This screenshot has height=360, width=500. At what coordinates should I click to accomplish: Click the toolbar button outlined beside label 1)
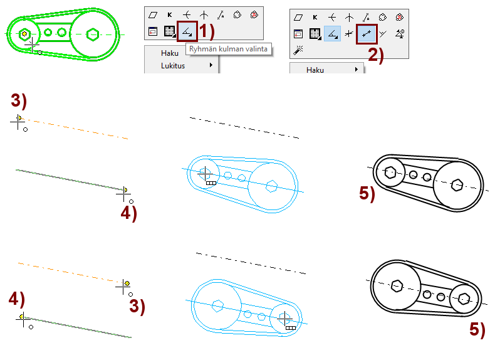pos(187,31)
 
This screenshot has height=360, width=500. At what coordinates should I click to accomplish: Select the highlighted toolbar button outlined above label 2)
pos(367,33)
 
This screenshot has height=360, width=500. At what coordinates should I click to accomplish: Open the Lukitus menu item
pos(173,65)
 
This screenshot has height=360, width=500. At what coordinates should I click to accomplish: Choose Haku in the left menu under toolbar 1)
pos(169,53)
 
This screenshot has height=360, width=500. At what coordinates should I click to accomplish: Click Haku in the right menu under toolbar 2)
pos(315,70)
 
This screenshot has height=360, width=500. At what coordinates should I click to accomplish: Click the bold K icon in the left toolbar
pos(169,14)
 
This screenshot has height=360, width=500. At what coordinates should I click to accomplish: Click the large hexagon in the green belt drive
pos(93,33)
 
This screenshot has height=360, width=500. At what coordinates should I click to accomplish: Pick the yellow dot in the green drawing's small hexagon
pos(24,34)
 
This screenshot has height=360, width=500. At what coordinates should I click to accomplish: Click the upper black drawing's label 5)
pos(367,194)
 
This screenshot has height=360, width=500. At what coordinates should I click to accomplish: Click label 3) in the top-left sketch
pos(19,100)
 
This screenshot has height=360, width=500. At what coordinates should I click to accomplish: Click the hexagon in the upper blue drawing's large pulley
pos(271,186)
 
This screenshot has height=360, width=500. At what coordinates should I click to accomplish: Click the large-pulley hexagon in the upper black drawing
pos(457,184)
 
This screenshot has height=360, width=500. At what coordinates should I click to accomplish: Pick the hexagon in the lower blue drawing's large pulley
pos(219,306)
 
